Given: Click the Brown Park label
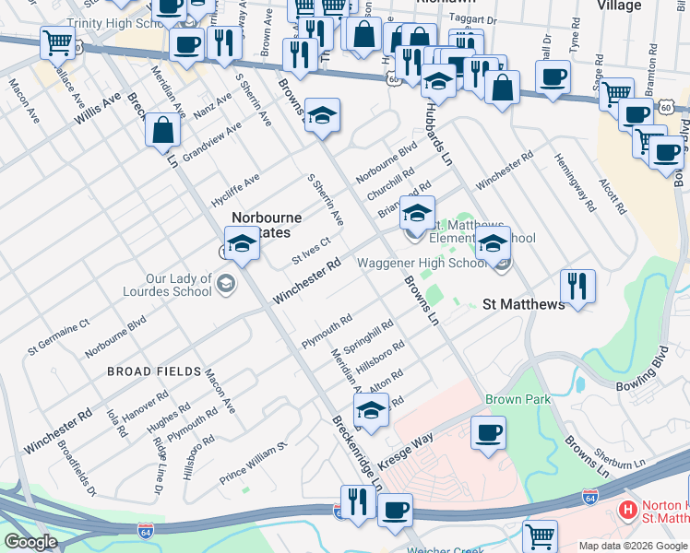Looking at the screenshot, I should tap(517, 399).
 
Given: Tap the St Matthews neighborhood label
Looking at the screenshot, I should tap(524, 304).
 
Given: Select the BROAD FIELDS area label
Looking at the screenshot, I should tap(154, 371).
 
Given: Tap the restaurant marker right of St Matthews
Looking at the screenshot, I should tap(577, 286).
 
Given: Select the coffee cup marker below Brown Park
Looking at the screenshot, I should tap(488, 432).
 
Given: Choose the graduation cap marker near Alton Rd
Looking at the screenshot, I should tap(371, 410).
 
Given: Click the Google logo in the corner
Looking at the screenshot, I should tap(30, 541).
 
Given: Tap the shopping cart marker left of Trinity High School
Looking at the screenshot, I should tap(57, 41).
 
